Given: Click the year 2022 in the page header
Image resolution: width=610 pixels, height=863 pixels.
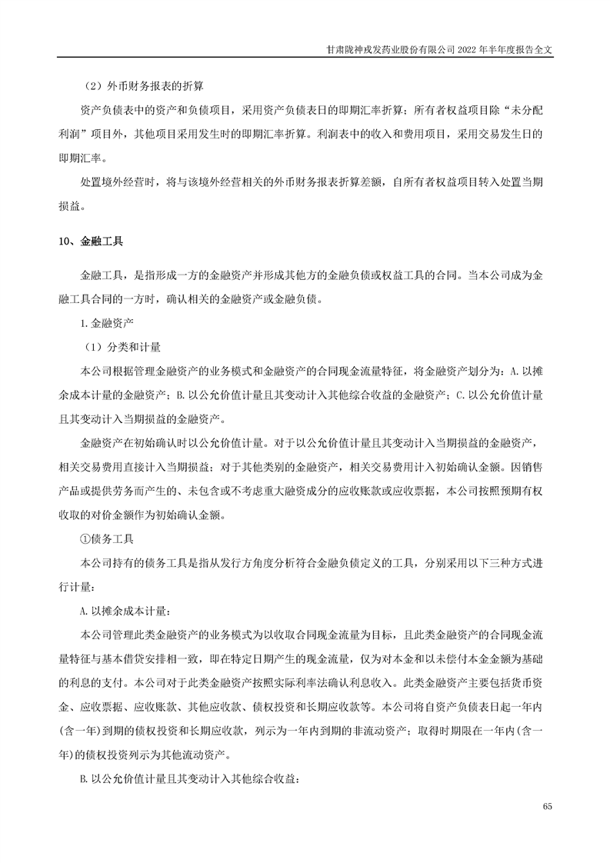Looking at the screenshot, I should pos(467,47).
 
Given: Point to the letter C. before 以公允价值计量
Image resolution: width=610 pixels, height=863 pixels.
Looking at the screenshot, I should pos(460,395).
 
